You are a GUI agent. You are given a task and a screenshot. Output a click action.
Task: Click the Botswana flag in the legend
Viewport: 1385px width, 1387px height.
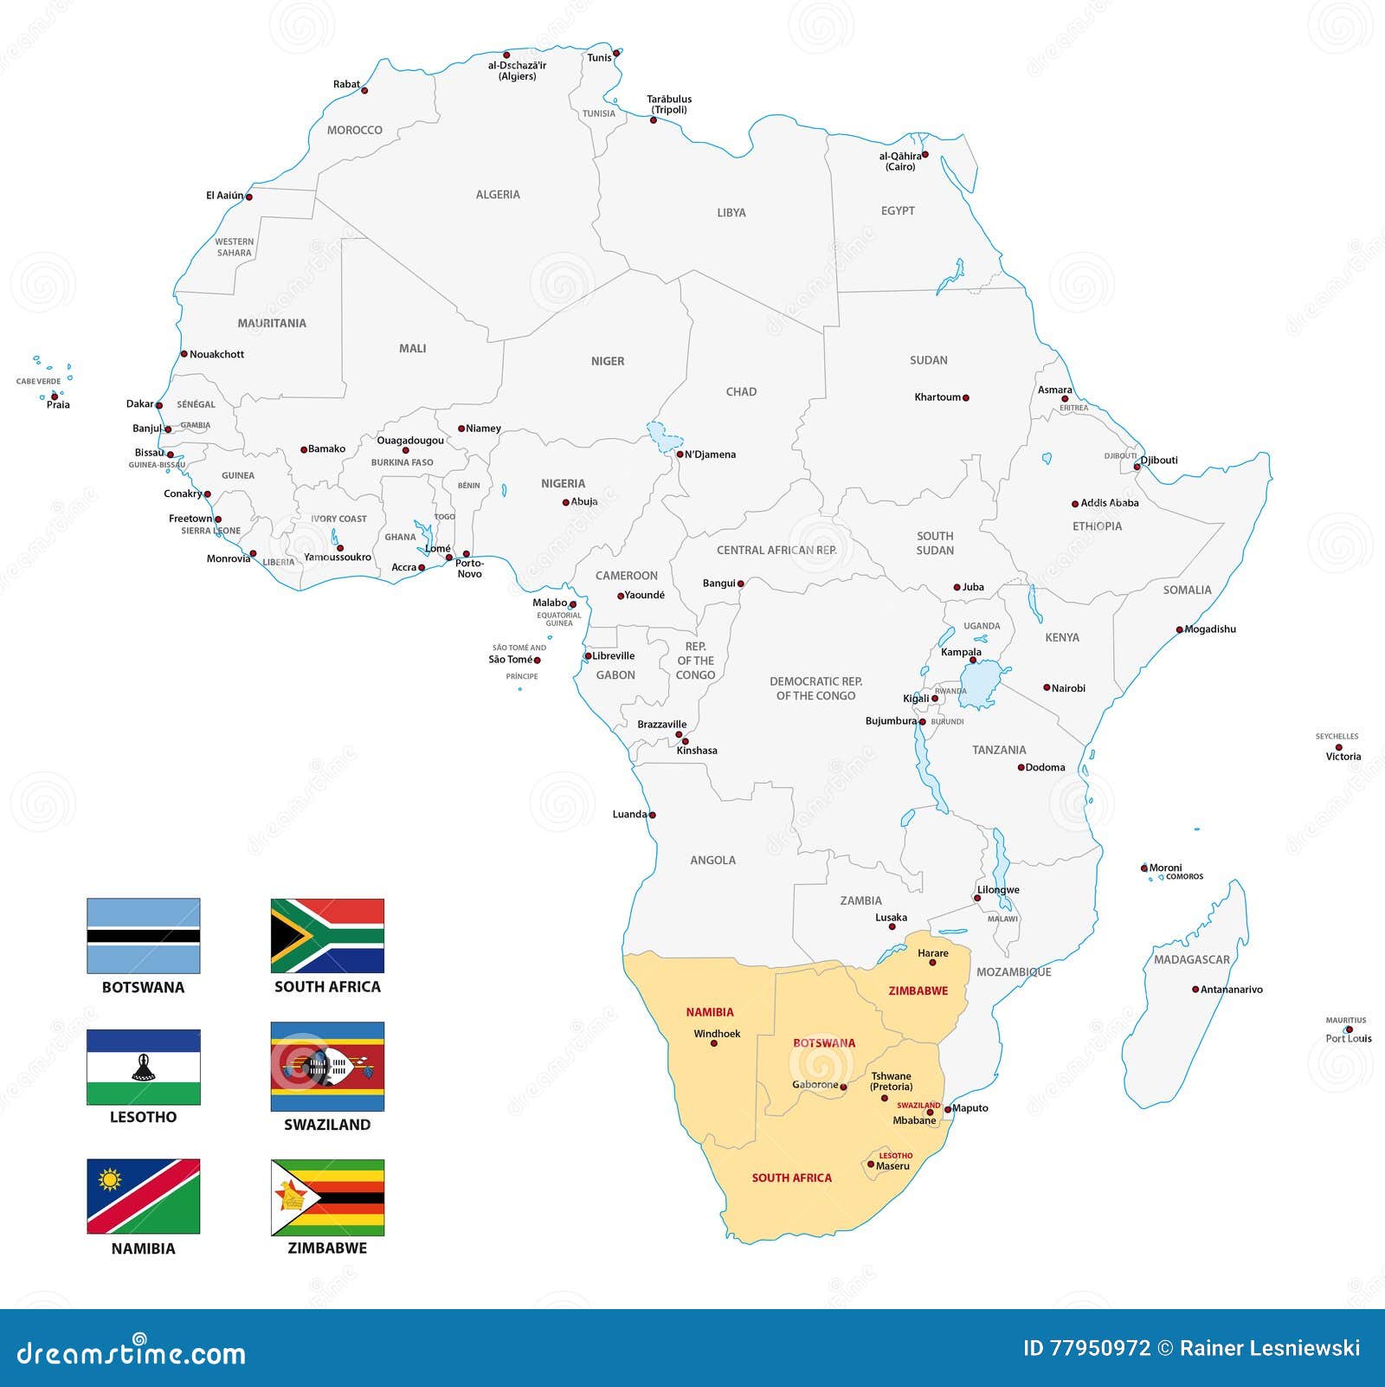(143, 936)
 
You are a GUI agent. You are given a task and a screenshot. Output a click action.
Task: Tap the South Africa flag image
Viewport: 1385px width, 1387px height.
(327, 936)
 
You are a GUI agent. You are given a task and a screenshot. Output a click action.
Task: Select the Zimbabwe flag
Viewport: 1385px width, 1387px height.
(327, 1197)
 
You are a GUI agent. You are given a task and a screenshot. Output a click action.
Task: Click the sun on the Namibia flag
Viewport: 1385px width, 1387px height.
(109, 1179)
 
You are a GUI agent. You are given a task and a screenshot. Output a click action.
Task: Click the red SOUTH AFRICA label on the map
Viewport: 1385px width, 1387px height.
(791, 1177)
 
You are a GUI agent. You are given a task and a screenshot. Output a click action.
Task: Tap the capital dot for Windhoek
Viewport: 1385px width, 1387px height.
(714, 1043)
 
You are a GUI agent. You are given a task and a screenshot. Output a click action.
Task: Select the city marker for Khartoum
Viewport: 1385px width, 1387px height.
(966, 398)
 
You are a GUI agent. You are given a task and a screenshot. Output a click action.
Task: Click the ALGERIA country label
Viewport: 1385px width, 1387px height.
(498, 195)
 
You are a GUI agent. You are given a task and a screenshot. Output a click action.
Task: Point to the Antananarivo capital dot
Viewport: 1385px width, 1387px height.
(1195, 990)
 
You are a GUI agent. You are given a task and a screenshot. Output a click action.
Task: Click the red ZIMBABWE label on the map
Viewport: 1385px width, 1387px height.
(918, 990)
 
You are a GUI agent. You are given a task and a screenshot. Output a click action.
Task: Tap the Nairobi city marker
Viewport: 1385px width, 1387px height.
(1047, 688)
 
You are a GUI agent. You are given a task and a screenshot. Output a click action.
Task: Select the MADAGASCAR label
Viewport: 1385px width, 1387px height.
(1191, 959)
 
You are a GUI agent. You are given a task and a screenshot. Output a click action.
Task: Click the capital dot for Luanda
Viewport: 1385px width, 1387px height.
(653, 815)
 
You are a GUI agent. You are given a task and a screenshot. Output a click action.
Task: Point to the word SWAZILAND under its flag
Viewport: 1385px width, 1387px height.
(327, 1125)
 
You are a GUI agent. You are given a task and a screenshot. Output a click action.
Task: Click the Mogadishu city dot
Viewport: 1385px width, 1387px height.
(1179, 630)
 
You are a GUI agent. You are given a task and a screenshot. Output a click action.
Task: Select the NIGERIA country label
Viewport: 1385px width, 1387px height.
(563, 483)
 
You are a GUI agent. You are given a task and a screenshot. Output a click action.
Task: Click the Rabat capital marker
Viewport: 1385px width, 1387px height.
(364, 90)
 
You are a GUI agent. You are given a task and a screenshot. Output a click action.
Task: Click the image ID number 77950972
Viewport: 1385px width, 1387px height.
(1099, 1348)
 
